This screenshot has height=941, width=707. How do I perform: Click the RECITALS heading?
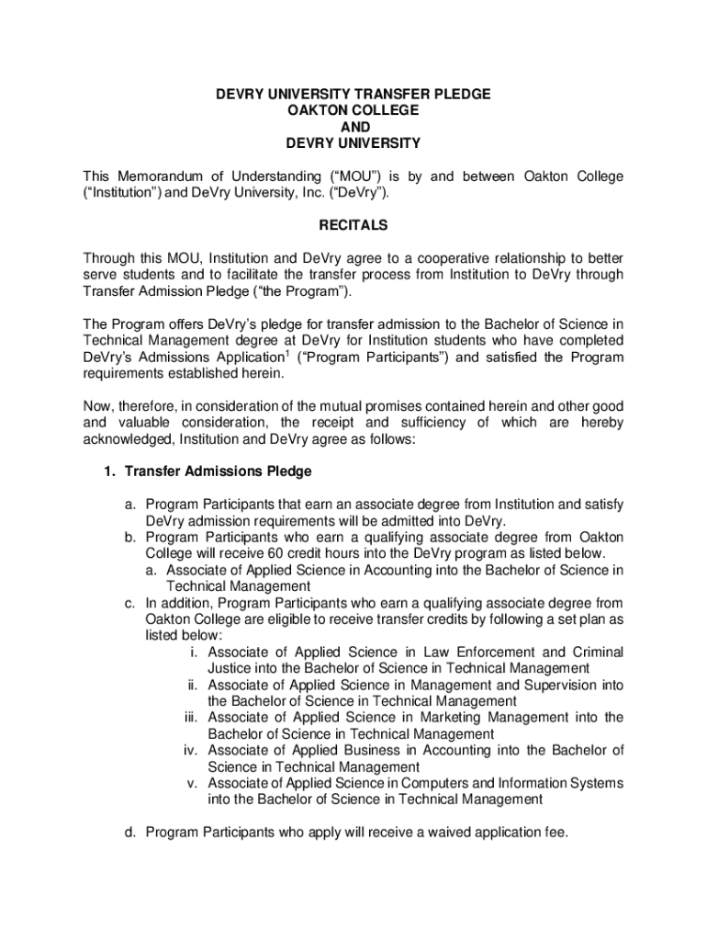[x=353, y=225]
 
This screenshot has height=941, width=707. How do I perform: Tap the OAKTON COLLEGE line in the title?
[x=353, y=110]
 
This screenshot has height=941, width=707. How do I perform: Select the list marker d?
[x=132, y=833]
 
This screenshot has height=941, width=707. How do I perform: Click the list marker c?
[x=132, y=603]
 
